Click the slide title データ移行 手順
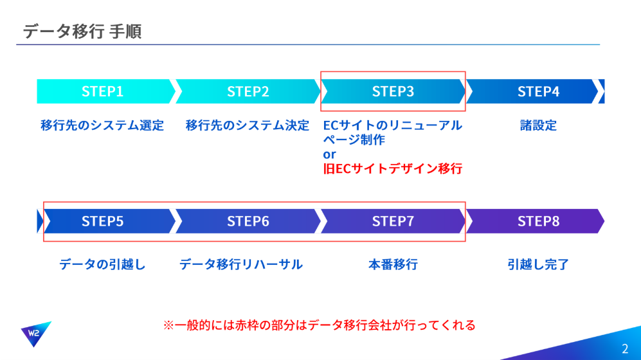coord(82,32)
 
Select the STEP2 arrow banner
coord(248,91)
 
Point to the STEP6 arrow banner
coord(248,221)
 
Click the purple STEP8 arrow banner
coord(536,221)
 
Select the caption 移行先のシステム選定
coord(102,125)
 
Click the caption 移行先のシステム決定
coord(248,125)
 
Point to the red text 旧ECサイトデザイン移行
coord(392,168)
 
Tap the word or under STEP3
coord(329,154)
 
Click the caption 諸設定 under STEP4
coord(538,125)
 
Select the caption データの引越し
coord(102,264)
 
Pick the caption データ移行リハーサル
coord(241,264)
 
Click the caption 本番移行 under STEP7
coord(393,264)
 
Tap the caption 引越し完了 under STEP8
coord(538,264)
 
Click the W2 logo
coord(35,333)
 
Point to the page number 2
coord(625,348)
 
